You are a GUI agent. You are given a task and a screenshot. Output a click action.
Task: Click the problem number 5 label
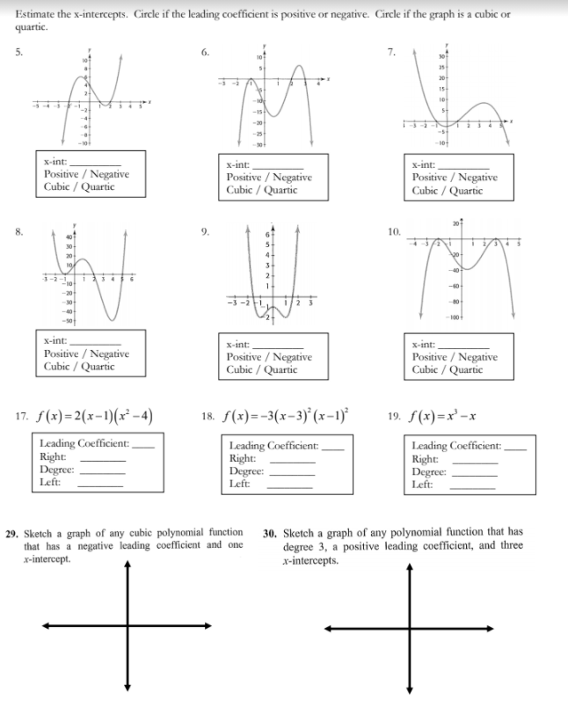[18, 50]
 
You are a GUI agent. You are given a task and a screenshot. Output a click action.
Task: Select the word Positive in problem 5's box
[62, 174]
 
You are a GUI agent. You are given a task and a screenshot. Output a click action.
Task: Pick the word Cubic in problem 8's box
[59, 366]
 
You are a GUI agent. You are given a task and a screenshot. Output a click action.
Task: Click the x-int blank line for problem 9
[278, 344]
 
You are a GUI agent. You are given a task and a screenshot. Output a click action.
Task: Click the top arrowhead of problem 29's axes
[127, 566]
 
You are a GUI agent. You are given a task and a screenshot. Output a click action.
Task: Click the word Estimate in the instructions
[37, 14]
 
